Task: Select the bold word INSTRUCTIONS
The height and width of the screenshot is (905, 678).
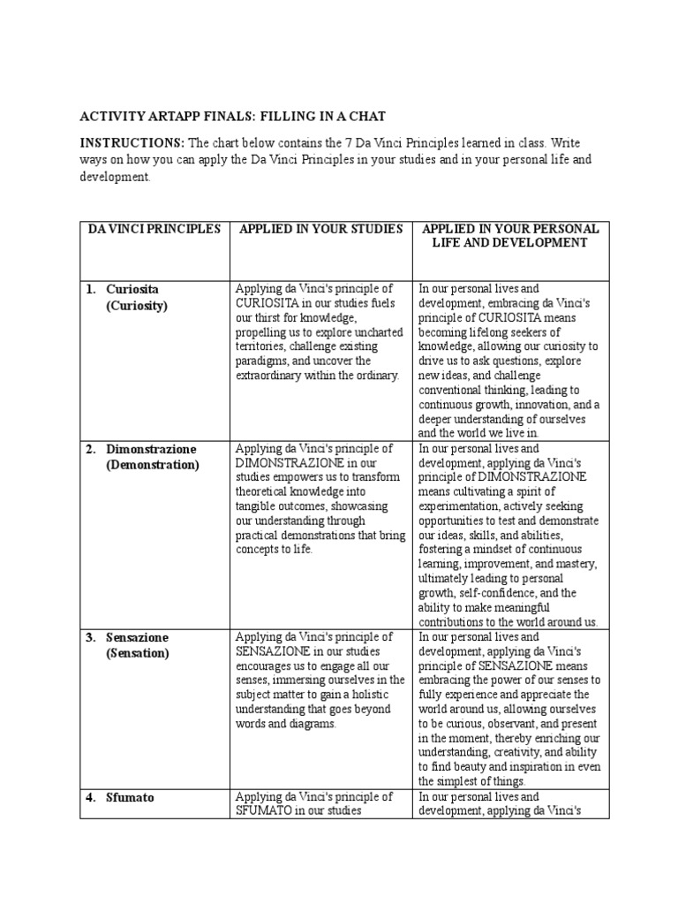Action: [x=132, y=143]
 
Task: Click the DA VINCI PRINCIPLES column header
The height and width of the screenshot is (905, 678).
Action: [x=154, y=229]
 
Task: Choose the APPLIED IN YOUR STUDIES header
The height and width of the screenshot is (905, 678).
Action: [x=321, y=229]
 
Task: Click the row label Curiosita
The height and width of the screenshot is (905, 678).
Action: [x=132, y=289]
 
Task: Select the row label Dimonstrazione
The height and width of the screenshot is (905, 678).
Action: [x=151, y=449]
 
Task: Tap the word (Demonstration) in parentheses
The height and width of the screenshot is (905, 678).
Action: [x=153, y=465]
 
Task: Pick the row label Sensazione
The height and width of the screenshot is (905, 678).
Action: [x=138, y=637]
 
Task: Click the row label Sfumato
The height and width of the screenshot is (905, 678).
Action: [x=130, y=797]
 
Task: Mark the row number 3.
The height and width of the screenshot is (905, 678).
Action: [x=90, y=637]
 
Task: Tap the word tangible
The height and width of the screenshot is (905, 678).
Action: [x=260, y=506]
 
